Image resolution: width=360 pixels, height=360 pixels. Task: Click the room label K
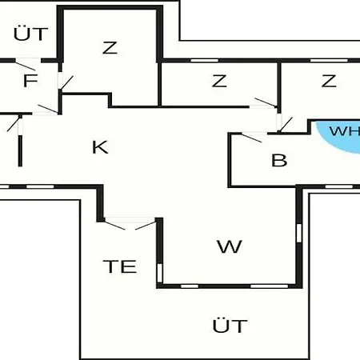coord(100,147)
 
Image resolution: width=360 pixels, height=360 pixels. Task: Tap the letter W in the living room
coord(230,246)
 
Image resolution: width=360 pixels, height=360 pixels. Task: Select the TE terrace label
coord(120,266)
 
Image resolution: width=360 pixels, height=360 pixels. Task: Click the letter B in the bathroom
coord(279,160)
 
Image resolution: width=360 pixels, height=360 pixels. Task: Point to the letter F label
coord(30,81)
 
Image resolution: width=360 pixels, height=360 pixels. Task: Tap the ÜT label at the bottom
coord(230,326)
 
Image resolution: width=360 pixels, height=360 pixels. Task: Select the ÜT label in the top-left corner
coord(30,34)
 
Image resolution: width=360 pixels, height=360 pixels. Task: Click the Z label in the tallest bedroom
coord(110,48)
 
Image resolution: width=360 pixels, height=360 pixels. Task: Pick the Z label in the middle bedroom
coord(219,81)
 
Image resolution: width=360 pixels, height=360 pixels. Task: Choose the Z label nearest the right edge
coord(329,81)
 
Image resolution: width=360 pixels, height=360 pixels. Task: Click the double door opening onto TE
coord(130,223)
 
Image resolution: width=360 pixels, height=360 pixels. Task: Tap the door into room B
coord(252,137)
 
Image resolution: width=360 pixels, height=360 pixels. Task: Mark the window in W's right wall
coord(299,233)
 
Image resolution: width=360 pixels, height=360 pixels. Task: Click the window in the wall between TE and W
coord(159,273)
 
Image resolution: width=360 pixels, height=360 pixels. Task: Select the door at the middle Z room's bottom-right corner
coord(265,103)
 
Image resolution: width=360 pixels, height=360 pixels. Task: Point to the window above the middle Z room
coord(205,61)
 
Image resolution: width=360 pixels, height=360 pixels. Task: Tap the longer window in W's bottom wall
coord(269,286)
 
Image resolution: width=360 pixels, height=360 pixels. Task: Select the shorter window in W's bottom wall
coord(190,286)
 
